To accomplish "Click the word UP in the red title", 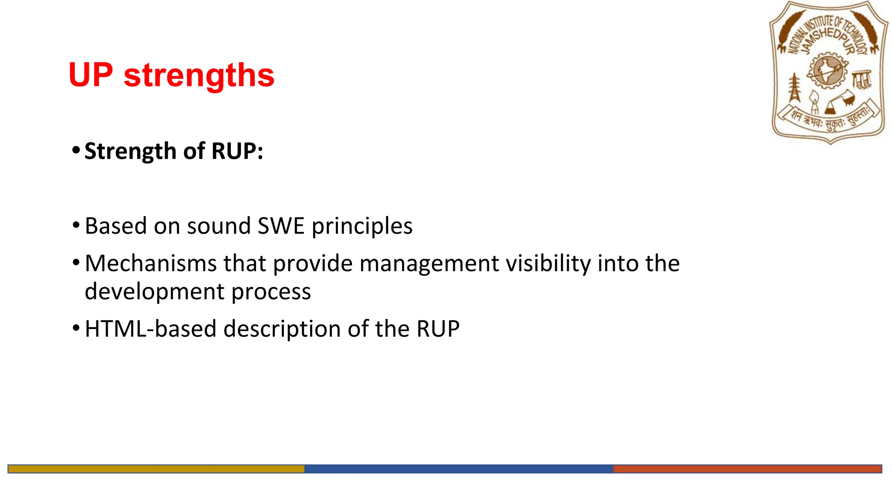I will [91, 75].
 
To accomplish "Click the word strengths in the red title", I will [199, 76].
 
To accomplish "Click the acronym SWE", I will [281, 226].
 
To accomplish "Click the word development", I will [154, 292].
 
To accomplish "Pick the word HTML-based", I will [150, 329].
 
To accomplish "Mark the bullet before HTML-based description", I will [76, 328].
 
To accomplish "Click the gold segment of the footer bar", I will [156, 469].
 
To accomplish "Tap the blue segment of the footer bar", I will [459, 469].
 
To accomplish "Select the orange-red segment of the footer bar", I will [747, 469].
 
